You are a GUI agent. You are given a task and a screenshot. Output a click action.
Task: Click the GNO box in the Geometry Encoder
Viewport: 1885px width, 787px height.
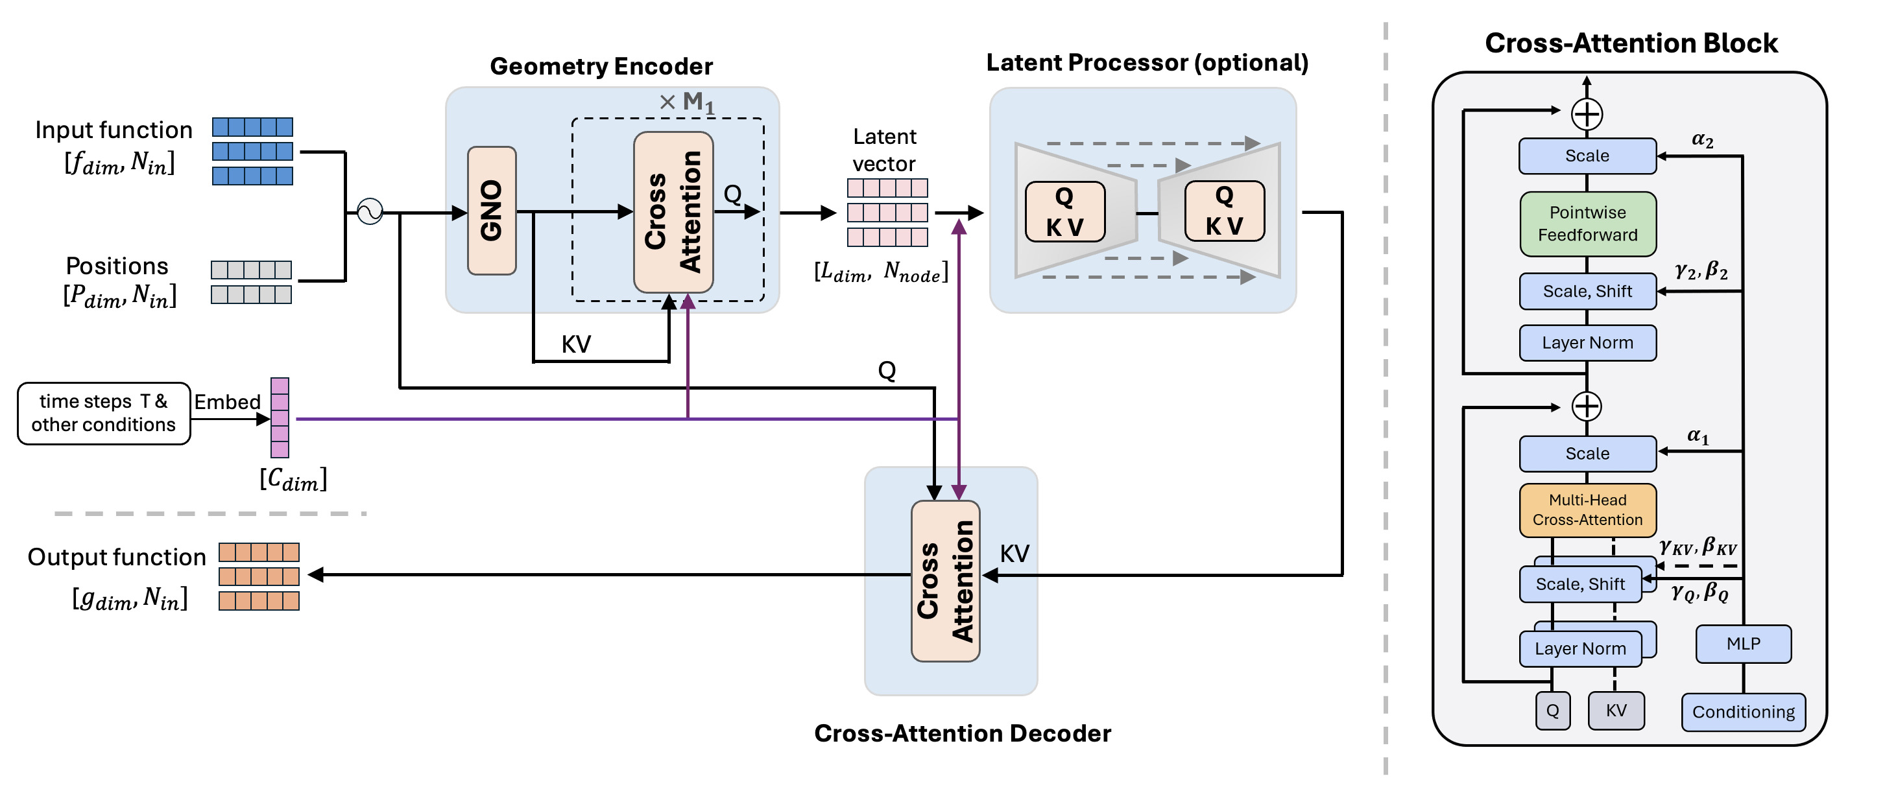click(492, 211)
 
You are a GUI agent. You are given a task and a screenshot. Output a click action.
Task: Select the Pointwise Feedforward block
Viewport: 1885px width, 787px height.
click(1587, 224)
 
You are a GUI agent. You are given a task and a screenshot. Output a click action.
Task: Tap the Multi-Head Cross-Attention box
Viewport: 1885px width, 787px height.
click(1587, 510)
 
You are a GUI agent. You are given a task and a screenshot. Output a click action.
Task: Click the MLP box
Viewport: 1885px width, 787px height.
click(1743, 644)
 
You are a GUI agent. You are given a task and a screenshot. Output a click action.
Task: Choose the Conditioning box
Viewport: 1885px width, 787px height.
click(1743, 712)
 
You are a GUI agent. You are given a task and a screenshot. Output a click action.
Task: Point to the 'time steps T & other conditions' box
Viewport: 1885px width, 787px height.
click(103, 413)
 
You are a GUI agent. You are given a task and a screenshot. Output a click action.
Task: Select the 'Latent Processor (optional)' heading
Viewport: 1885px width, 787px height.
click(1147, 63)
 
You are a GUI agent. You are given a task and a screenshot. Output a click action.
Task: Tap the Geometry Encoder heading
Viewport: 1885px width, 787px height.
click(601, 67)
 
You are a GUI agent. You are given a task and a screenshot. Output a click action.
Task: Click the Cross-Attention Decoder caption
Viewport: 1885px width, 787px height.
click(962, 733)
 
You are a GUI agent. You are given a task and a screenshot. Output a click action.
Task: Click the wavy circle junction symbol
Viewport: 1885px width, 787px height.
click(370, 211)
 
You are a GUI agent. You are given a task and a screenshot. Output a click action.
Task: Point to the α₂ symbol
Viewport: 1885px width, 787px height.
click(1702, 139)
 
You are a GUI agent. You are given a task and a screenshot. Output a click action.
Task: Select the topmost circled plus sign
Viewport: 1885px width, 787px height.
click(1587, 114)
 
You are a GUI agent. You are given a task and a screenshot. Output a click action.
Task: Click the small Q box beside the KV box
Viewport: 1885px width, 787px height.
click(1552, 711)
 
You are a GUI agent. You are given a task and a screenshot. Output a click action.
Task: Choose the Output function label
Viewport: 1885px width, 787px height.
click(117, 558)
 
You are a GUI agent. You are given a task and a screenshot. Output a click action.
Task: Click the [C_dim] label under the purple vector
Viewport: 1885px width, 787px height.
click(293, 479)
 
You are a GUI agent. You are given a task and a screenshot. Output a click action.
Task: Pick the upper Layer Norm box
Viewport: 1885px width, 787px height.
click(1587, 343)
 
